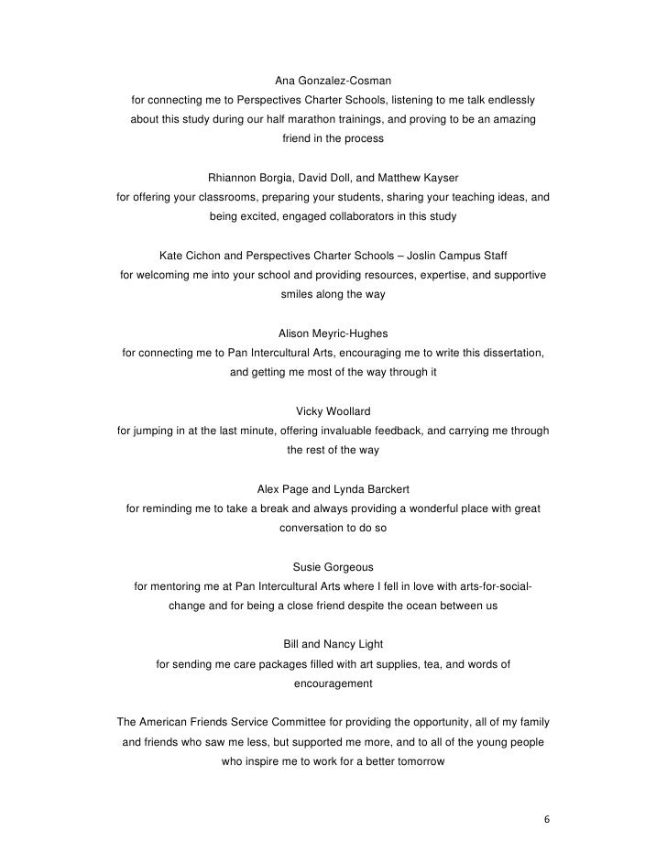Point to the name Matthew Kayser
click(x=424, y=177)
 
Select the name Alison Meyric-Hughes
click(x=333, y=333)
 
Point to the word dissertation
click(x=512, y=354)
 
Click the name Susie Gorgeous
click(x=333, y=566)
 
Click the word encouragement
click(x=333, y=683)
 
